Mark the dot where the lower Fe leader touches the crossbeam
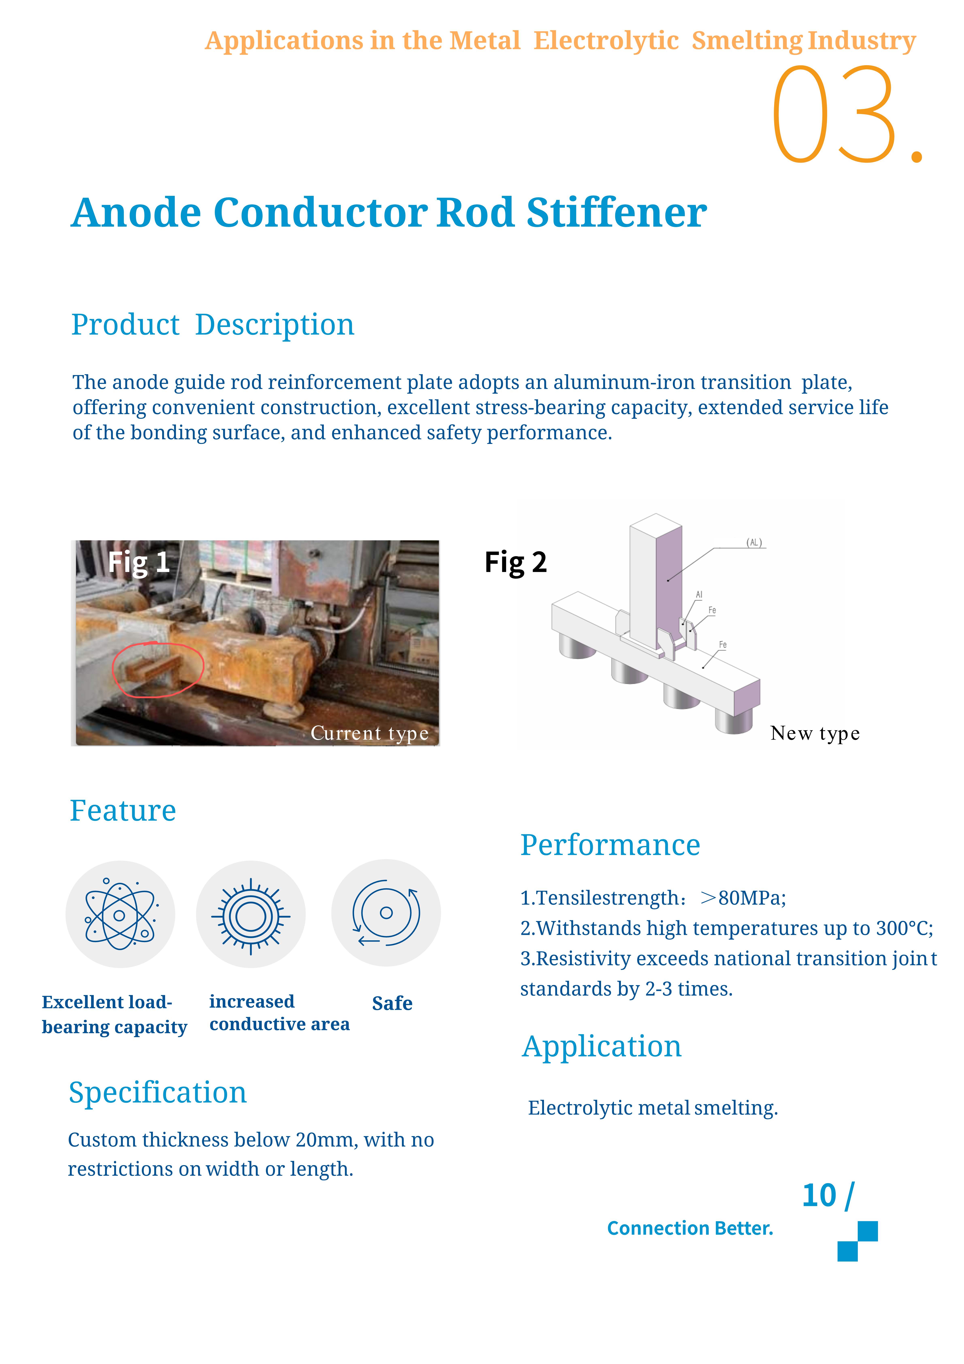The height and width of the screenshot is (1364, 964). click(703, 667)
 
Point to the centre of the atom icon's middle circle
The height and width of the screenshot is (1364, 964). click(119, 915)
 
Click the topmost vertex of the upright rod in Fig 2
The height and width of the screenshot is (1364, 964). click(656, 514)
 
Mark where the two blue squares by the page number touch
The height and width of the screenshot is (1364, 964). click(858, 1241)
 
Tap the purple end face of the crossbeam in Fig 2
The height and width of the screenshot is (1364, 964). click(747, 699)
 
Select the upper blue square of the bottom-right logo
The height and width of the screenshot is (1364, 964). click(868, 1231)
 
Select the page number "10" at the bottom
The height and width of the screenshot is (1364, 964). click(819, 1195)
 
